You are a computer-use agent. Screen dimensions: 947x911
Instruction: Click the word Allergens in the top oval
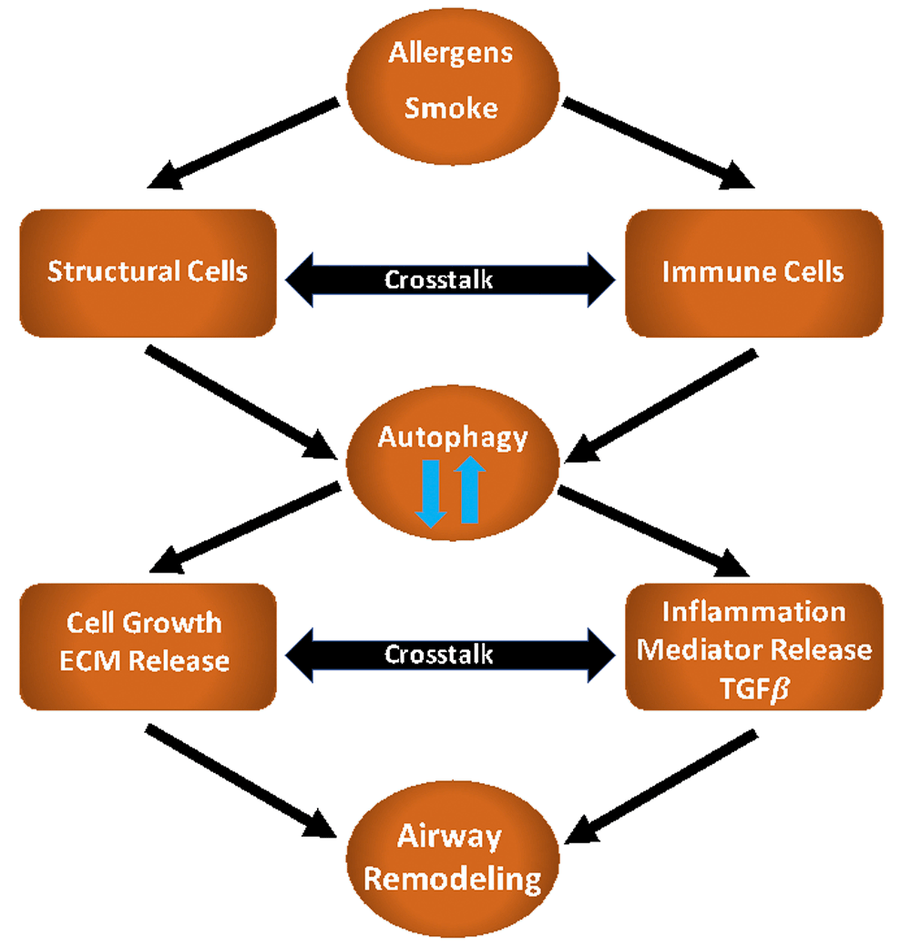pyautogui.click(x=451, y=53)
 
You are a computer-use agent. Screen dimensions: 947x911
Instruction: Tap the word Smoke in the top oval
pyautogui.click(x=451, y=107)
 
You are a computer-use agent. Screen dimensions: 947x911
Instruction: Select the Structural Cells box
pyautogui.click(x=148, y=271)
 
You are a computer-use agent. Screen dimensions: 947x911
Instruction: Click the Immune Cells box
pyautogui.click(x=753, y=271)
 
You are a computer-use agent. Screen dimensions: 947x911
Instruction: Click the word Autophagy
pyautogui.click(x=453, y=437)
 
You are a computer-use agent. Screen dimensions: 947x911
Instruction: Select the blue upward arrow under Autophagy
pyautogui.click(x=469, y=489)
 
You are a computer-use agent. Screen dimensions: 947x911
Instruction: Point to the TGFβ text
pyautogui.click(x=752, y=683)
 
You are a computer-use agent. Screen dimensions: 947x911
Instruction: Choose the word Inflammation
pyautogui.click(x=752, y=611)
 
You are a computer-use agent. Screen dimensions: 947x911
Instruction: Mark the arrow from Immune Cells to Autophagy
pyautogui.click(x=665, y=401)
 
